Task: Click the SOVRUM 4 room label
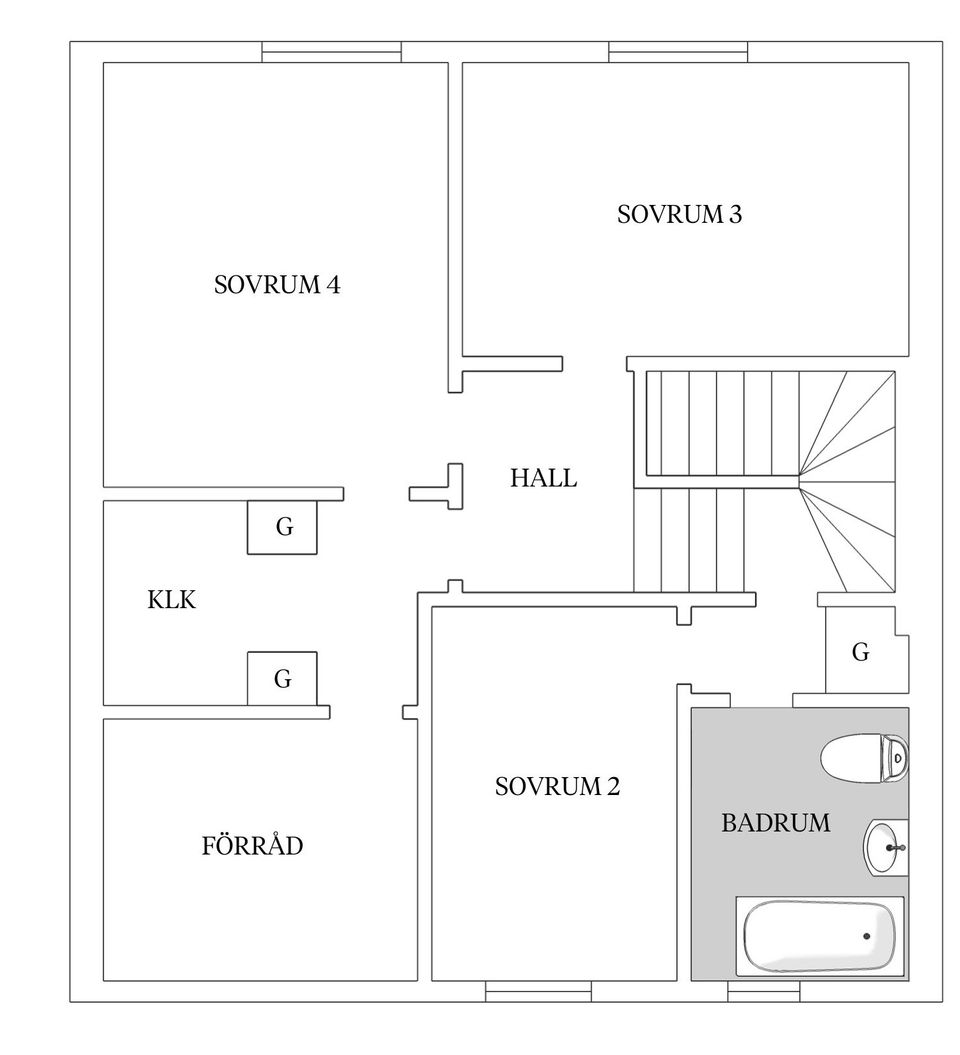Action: pos(277,286)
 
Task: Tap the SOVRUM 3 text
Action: pos(679,215)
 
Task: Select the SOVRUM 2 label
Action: pos(557,787)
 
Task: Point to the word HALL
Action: pos(543,478)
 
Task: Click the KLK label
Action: pos(172,600)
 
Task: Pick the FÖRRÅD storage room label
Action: pos(252,847)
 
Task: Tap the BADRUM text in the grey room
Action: pos(775,823)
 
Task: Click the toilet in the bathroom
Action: pos(862,758)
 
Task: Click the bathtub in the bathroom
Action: pos(819,936)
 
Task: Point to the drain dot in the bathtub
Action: pos(866,936)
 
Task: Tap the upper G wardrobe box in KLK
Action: pos(283,527)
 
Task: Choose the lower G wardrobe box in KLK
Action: pos(282,679)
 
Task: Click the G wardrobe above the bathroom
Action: pos(861,653)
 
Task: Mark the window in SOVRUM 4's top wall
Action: pos(331,52)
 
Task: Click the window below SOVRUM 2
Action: pos(538,991)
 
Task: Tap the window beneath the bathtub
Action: pos(763,991)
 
